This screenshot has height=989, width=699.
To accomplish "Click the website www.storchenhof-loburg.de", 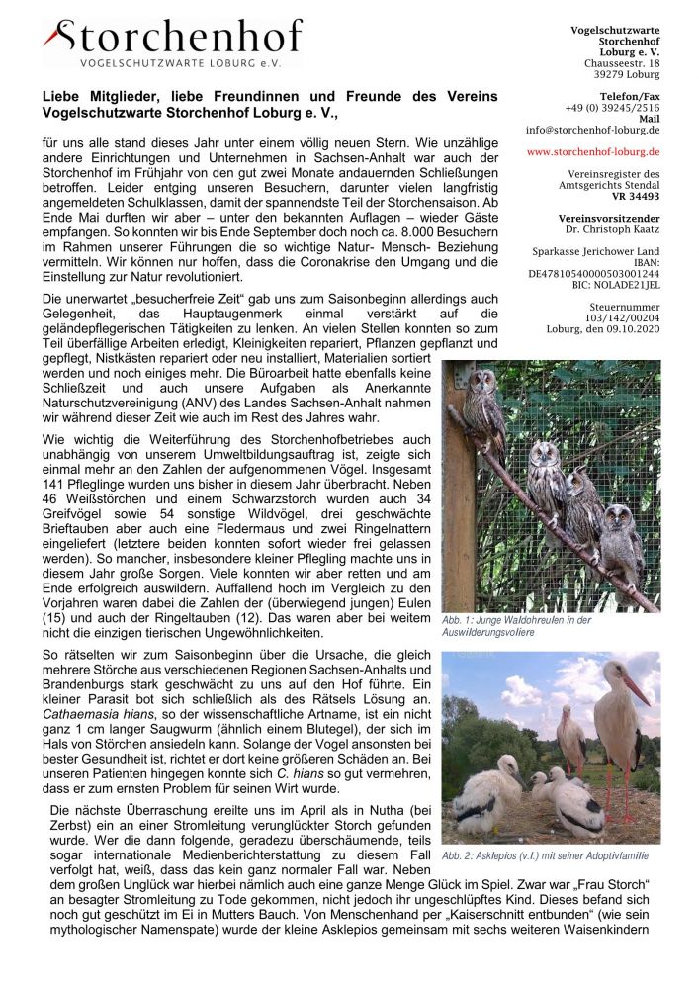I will [x=593, y=152].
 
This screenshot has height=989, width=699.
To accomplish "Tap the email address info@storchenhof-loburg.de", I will [x=593, y=130].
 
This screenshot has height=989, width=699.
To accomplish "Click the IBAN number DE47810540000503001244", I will [x=594, y=273].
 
